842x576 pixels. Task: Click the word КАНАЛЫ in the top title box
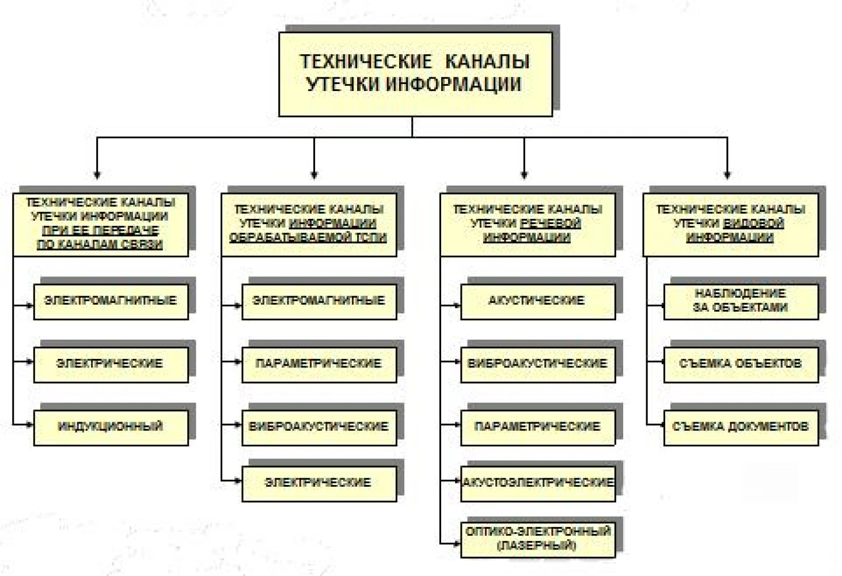(487, 61)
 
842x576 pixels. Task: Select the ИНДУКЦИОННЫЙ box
(111, 428)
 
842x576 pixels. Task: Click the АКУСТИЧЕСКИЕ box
(538, 302)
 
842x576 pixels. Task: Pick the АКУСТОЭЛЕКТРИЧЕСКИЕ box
(538, 484)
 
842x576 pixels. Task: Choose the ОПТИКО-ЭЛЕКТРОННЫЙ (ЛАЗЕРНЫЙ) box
(538, 540)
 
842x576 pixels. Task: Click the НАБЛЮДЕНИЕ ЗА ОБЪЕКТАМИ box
(741, 302)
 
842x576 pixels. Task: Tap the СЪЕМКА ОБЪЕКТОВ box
(741, 365)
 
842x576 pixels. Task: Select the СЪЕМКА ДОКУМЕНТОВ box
(741, 428)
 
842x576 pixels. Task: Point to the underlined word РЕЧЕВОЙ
(551, 223)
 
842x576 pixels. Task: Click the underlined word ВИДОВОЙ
(754, 223)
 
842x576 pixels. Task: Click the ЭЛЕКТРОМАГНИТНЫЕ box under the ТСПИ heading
(319, 302)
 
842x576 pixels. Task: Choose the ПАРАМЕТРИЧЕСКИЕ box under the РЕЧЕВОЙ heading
(538, 428)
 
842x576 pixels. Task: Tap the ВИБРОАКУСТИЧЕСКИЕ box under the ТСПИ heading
(319, 428)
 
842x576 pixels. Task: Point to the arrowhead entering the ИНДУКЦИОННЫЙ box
(29, 425)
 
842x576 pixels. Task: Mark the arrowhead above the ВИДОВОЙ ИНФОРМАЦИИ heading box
(727, 175)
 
